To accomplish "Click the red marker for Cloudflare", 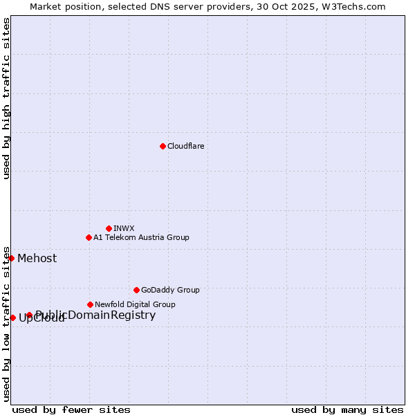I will (163, 146).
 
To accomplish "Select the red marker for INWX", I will (109, 228).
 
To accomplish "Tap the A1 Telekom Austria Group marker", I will (89, 237).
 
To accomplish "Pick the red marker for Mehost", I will (11, 258).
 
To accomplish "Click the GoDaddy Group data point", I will (136, 290).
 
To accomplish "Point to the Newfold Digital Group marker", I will (90, 304).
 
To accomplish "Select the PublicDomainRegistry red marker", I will (29, 315).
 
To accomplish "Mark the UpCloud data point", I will (12, 317).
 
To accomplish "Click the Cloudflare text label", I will (186, 146).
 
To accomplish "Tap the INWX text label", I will (124, 228).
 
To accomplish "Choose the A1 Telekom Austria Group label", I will (141, 237).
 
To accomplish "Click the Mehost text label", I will (37, 259).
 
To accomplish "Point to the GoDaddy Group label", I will (170, 290).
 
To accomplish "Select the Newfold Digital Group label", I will (135, 304).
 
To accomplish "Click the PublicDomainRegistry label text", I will (95, 315).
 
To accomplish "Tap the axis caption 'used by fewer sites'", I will (71, 409).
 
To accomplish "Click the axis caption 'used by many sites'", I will (347, 409).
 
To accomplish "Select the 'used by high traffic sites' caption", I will (7, 98).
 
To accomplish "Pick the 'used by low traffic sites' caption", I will (7, 323).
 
